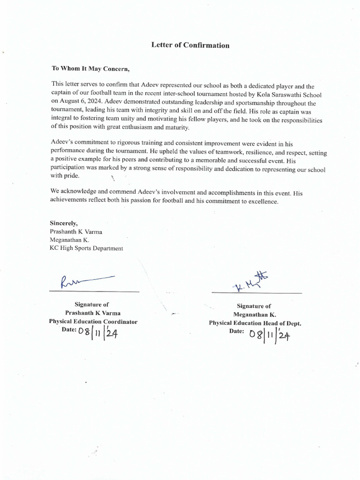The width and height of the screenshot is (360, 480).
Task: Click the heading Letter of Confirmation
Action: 190,45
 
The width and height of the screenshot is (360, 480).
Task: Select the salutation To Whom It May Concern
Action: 90,68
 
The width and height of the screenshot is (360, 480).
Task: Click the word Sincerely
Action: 64,223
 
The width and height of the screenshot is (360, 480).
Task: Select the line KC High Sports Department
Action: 86,248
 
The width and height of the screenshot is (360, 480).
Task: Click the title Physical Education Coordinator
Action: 93,322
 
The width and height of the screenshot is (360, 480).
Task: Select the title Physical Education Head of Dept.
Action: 255,323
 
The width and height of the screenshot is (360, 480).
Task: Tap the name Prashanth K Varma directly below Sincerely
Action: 76,232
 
